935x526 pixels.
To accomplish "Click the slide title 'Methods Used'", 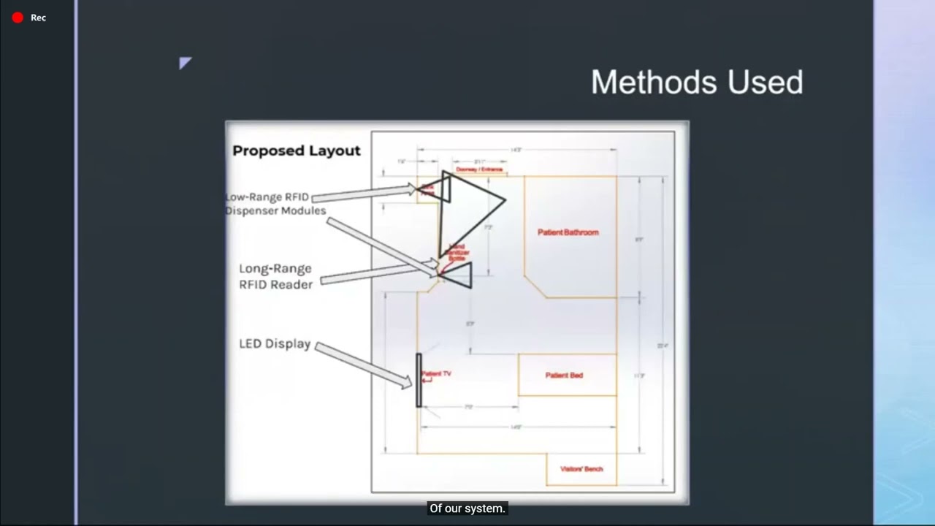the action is (x=696, y=82).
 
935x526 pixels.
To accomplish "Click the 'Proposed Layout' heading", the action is (x=296, y=150).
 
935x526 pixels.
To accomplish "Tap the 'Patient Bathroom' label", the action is (x=568, y=232).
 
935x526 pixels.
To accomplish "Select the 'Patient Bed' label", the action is (x=564, y=375).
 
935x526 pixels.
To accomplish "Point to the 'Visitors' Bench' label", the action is (x=581, y=469).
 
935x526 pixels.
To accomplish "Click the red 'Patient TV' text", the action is (x=436, y=373).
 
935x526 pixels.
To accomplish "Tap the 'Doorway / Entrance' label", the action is (x=479, y=169).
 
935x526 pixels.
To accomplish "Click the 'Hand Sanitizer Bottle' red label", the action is (x=457, y=252).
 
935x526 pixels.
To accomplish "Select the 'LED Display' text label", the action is (x=275, y=344).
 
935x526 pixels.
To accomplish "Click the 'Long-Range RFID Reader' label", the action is (x=275, y=277).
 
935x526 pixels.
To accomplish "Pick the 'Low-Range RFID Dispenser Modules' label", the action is (x=275, y=204).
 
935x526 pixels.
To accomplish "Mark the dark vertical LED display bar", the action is (x=419, y=380).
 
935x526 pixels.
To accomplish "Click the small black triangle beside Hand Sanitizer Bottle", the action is (x=458, y=275).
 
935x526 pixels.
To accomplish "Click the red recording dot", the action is (x=18, y=18).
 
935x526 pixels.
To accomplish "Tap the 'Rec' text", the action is (x=38, y=18).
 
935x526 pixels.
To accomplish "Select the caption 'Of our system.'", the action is (x=467, y=508).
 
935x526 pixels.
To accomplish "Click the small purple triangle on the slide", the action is (x=185, y=63).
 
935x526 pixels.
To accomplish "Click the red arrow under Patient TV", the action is (x=427, y=380).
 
